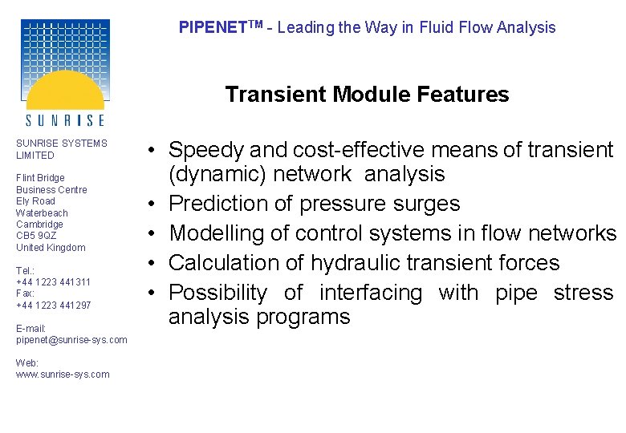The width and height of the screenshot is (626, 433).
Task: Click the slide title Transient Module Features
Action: point(367,95)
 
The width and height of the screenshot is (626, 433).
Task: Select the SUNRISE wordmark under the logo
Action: point(65,120)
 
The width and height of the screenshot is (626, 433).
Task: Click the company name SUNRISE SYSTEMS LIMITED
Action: point(61,149)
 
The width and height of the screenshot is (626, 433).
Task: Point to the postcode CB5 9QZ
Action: point(36,236)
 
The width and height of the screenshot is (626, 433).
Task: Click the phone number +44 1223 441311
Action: point(53,282)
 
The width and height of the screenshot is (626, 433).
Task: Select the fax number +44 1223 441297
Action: point(53,306)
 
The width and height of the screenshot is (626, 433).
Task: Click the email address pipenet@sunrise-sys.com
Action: point(71,340)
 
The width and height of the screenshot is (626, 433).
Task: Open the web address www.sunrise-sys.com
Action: point(63,374)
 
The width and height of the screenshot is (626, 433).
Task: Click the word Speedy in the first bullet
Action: point(206,150)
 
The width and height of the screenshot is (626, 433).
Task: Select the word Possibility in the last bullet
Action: point(217,293)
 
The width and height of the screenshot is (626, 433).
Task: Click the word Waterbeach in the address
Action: point(42,212)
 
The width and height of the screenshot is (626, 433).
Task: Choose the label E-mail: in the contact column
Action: point(30,328)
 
